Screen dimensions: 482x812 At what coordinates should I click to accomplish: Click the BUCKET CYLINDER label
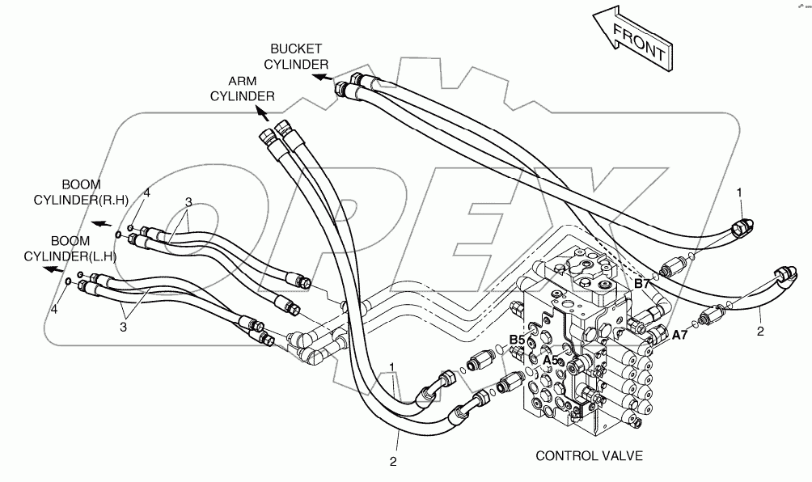(298, 56)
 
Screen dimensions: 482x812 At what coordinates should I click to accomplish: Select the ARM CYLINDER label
(242, 88)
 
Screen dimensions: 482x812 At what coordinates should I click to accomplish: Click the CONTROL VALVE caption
(589, 456)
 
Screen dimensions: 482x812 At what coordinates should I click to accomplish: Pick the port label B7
(641, 284)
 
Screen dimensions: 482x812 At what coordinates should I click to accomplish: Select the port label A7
(680, 334)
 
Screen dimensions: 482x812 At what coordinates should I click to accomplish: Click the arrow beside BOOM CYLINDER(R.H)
(101, 224)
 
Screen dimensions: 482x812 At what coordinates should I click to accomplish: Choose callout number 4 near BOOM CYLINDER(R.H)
(147, 192)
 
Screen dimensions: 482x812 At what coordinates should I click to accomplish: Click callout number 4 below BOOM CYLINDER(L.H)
(55, 309)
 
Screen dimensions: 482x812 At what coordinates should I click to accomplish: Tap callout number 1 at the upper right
(738, 192)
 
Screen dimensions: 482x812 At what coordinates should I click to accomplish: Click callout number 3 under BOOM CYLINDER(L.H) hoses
(122, 326)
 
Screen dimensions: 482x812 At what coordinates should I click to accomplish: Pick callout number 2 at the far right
(761, 331)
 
